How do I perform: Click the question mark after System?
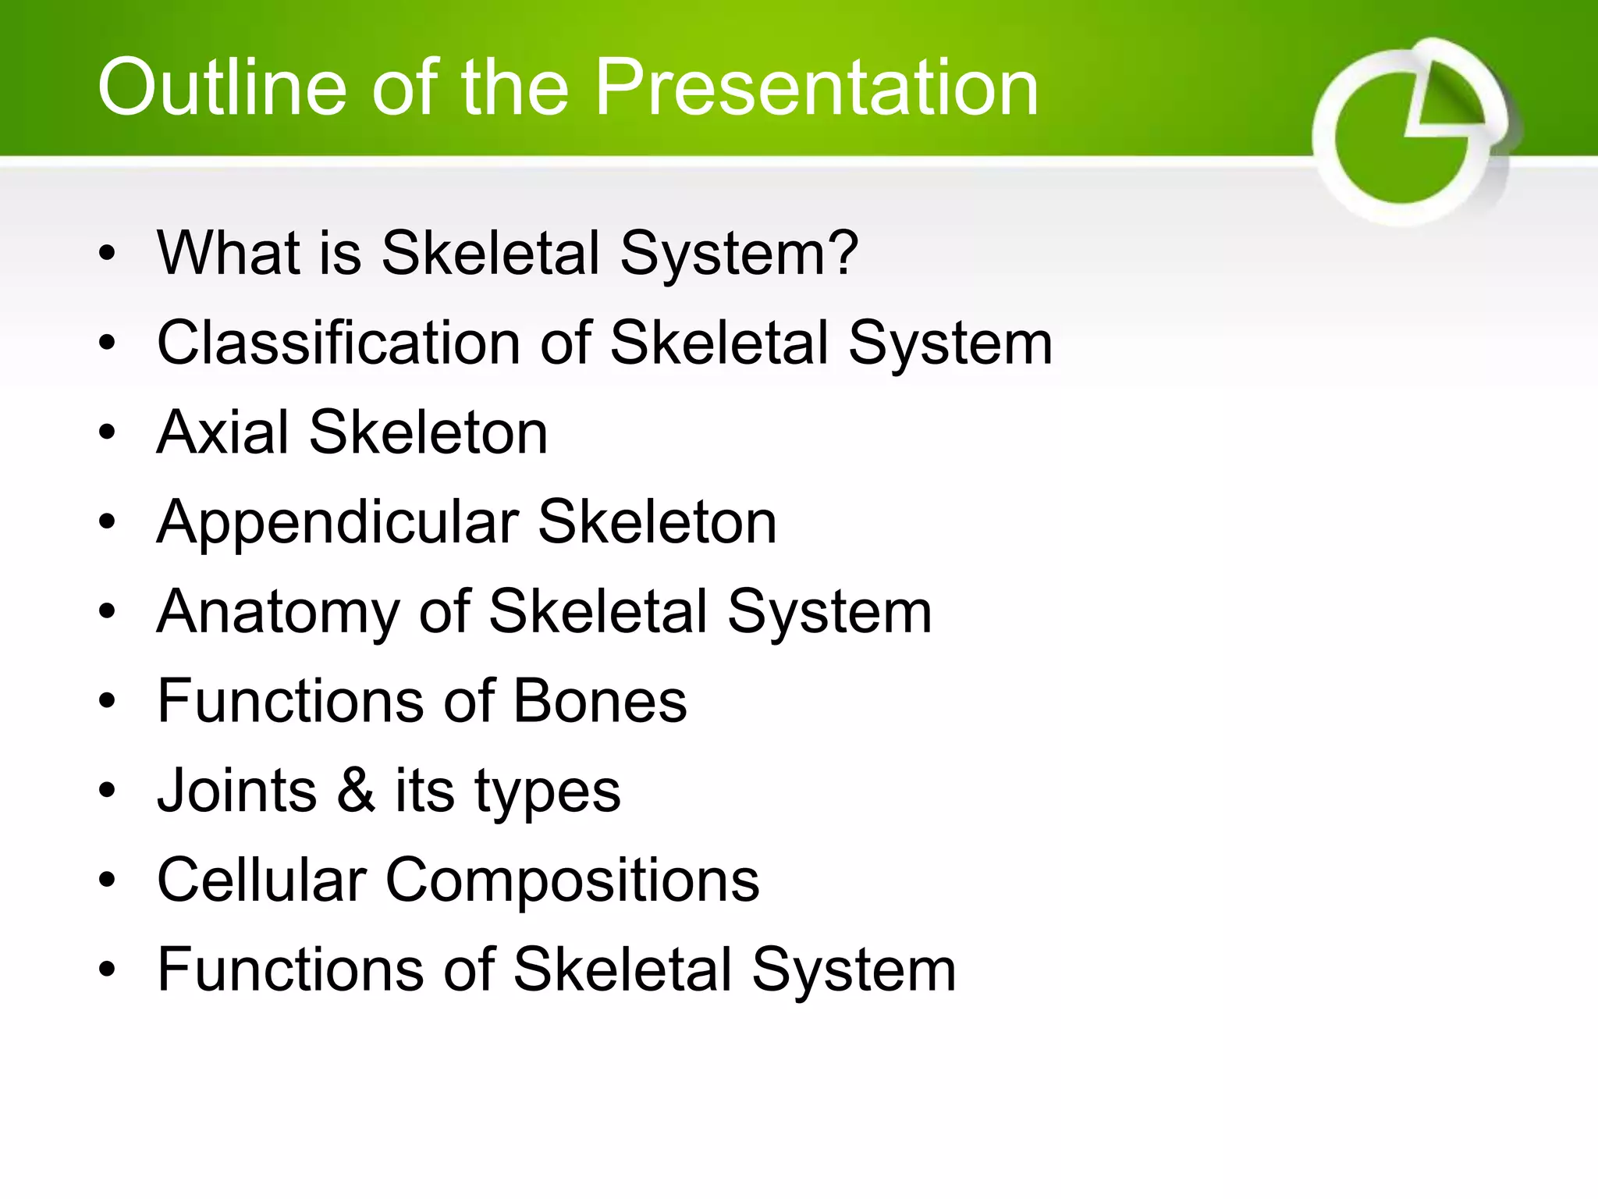click(843, 253)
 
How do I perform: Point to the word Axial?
click(222, 432)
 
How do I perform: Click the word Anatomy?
click(277, 611)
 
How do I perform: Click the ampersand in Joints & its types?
click(356, 790)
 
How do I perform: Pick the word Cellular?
click(261, 880)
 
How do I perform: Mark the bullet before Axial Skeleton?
click(107, 432)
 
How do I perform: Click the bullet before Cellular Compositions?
click(107, 881)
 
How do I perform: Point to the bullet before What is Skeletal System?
click(107, 253)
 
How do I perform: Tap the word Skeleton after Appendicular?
click(657, 521)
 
